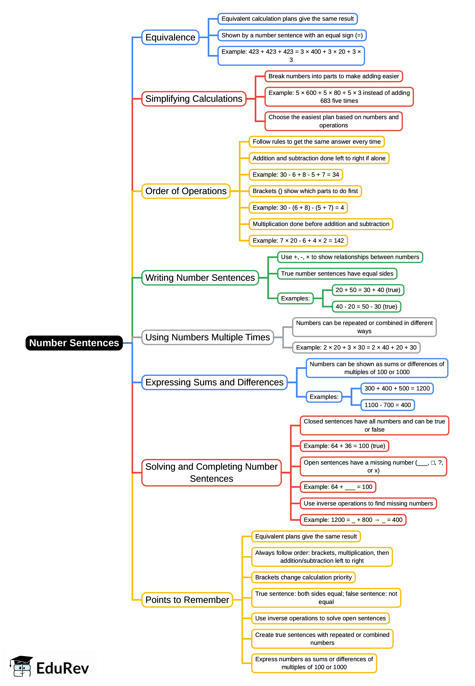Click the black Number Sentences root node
point(74,343)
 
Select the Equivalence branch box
point(170,38)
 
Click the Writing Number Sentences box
point(200,278)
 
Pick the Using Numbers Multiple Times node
point(207,337)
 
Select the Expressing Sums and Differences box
point(214,382)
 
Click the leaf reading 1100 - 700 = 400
point(388,405)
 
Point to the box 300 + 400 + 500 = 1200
point(397,389)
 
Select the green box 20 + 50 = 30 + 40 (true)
point(368,290)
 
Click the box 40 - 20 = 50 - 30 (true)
point(366,307)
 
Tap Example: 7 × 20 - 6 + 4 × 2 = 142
point(298,241)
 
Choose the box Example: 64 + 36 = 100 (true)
point(344,446)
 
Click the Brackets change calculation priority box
point(303,577)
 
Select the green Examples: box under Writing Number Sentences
point(295,298)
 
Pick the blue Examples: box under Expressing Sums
point(324,397)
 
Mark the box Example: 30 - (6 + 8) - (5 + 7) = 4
point(298,208)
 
